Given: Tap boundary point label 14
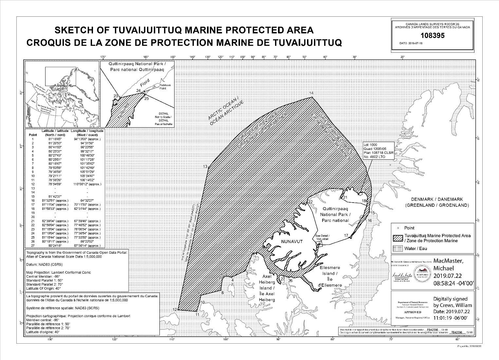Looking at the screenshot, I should [311, 94].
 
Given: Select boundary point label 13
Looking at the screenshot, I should [205, 167].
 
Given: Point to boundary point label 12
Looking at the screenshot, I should [175, 310].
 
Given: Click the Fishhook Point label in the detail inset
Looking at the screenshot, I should [165, 87].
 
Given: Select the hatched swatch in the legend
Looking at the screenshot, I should [398, 238].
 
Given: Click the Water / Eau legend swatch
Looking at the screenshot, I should [398, 248].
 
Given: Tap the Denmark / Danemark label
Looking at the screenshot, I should [437, 199].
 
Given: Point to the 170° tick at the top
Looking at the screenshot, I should [104, 57].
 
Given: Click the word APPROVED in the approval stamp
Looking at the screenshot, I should [405, 312].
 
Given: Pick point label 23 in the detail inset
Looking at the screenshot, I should [116, 96].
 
